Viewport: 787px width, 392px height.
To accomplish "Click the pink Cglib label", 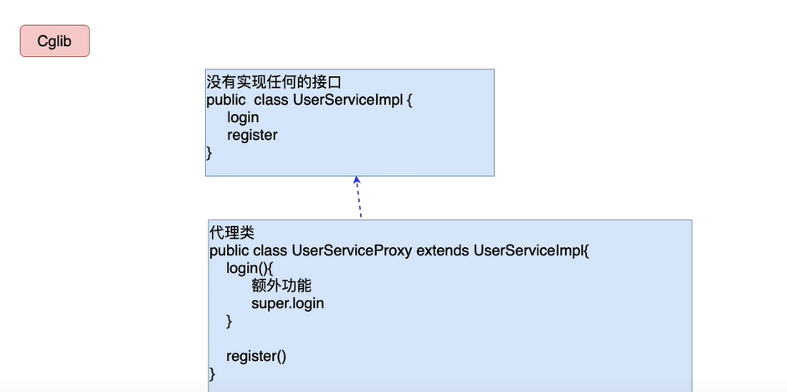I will tap(54, 41).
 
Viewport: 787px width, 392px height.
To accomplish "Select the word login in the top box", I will tap(243, 117).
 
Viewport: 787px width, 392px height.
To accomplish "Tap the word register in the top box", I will tap(252, 135).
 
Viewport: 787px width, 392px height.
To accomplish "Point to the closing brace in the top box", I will tap(209, 152).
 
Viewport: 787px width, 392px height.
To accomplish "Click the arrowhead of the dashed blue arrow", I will tap(357, 180).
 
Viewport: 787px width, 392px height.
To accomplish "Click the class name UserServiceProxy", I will tap(352, 250).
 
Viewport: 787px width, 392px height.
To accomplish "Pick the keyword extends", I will tap(443, 250).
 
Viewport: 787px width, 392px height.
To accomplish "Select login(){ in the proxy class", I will tap(249, 268).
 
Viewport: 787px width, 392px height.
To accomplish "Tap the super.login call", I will tap(287, 303).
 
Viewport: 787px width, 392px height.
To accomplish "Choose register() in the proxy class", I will tap(256, 356).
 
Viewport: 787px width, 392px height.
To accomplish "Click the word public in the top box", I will tap(227, 100).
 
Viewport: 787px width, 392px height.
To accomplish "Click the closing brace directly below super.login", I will tap(229, 321).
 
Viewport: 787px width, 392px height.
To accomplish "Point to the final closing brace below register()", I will tap(213, 374).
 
